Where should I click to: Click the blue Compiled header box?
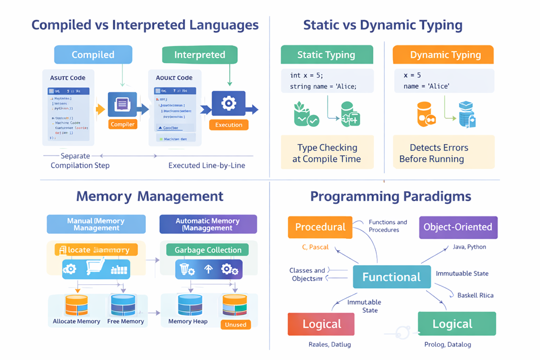pos(93,55)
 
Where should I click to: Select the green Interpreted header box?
pos(199,55)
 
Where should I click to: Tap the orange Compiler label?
pos(123,124)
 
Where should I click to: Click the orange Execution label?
pos(229,125)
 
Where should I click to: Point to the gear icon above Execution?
pos(229,104)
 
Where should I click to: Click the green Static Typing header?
pos(326,55)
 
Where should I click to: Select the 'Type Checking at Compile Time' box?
pos(327,153)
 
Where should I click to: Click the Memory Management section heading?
pos(149,196)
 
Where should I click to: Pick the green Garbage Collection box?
pos(207,250)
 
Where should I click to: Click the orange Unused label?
pos(236,324)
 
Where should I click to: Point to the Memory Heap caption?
pos(188,322)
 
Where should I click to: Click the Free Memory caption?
pos(125,322)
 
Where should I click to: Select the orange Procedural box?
pos(320,227)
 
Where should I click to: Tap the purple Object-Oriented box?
pos(458,227)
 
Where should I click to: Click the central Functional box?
pos(391,277)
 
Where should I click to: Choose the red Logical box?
pos(321,324)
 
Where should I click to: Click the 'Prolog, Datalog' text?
pos(448,344)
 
